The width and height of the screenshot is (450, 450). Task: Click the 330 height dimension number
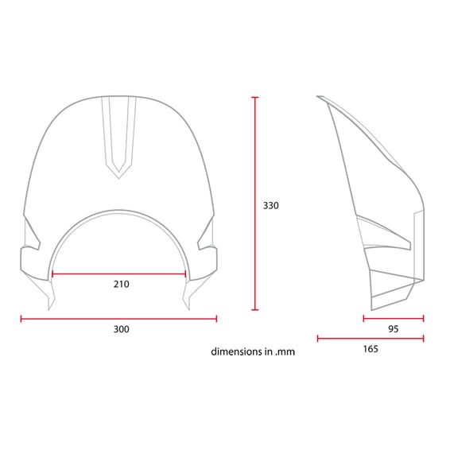pos(270,205)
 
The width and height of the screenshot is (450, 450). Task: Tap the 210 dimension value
pos(122,284)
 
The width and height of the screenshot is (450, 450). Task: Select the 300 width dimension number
pos(122,329)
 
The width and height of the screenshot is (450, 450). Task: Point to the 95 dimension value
pos(394,329)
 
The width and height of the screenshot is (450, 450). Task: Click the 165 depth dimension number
pos(370,349)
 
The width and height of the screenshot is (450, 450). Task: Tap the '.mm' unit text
pos(285,352)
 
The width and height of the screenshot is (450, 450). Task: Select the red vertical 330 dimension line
pos(255,204)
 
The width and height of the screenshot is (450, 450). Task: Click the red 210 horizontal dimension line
pos(118,274)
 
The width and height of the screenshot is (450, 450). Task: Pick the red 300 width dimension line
pos(118,319)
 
